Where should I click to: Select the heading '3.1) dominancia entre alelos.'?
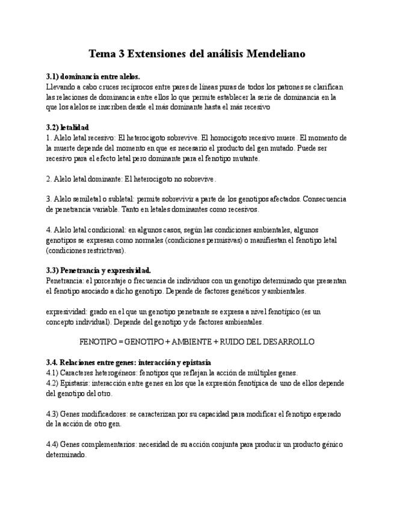(93, 77)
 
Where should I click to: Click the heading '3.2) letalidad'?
(67, 127)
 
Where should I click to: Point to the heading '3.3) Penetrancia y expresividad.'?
(99, 270)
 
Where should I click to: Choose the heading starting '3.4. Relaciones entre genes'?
(129, 363)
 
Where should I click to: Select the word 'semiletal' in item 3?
(87, 199)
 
